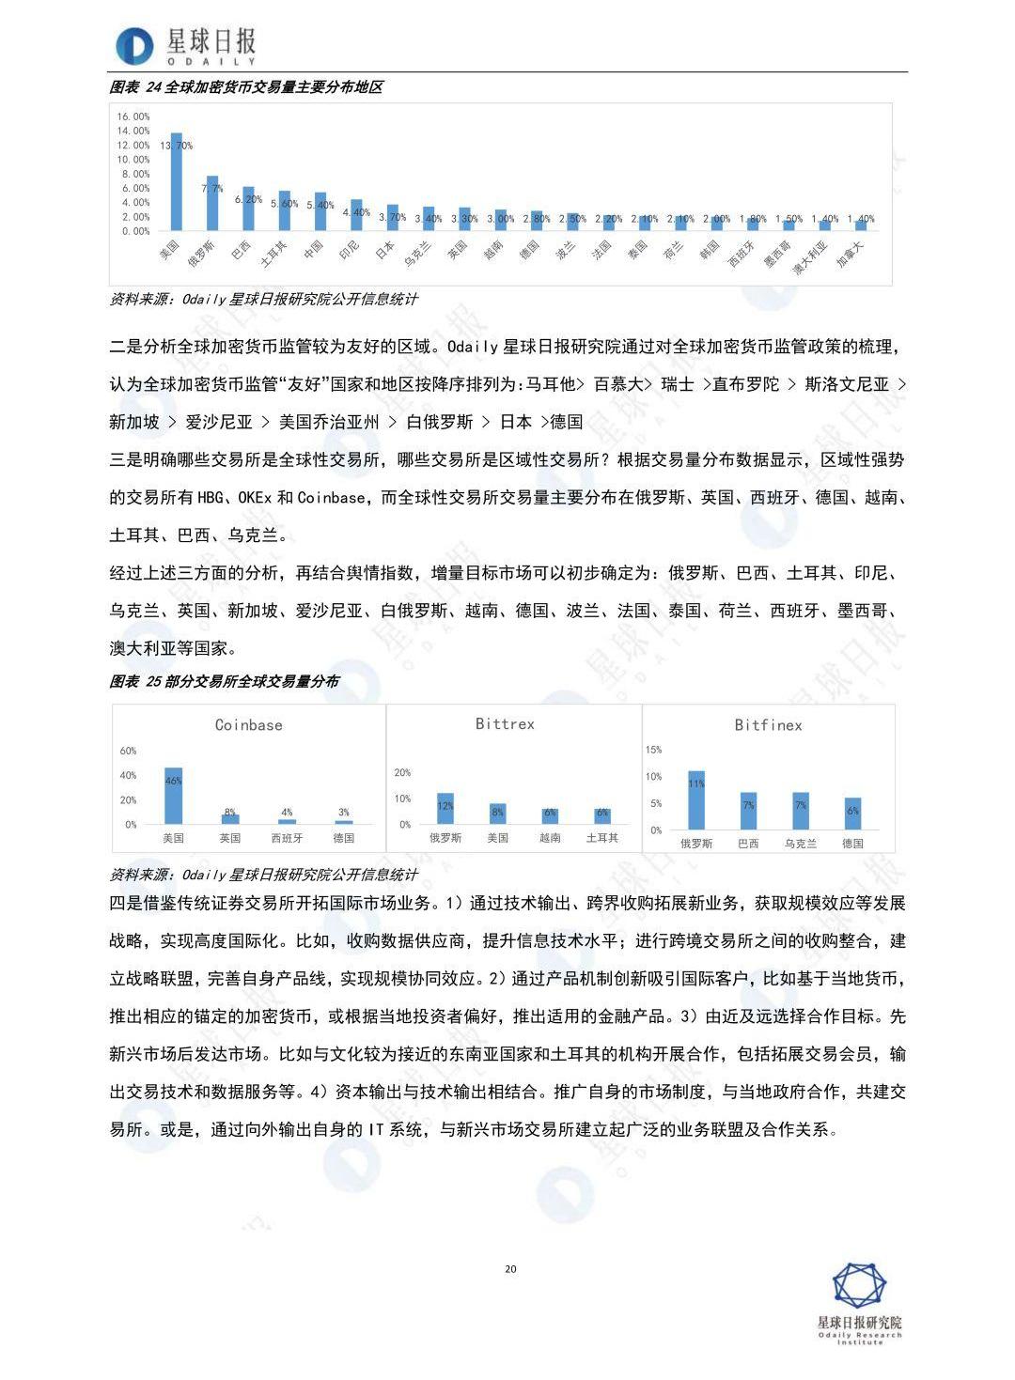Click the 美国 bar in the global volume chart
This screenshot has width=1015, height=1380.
point(176,183)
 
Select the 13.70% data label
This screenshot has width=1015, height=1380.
point(176,146)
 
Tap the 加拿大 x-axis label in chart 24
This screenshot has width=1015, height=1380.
point(851,252)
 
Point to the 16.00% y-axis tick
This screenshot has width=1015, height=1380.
point(133,116)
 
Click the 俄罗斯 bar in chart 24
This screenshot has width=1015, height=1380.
point(212,204)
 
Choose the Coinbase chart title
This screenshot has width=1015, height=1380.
point(248,725)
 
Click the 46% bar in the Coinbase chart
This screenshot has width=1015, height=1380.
point(174,797)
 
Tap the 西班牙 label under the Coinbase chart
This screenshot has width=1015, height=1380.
point(287,838)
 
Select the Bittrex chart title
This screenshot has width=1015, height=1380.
point(505,724)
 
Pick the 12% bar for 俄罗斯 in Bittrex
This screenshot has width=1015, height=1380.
point(445,809)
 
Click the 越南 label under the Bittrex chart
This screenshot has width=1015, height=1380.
point(550,838)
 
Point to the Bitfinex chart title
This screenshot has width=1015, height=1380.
point(768,725)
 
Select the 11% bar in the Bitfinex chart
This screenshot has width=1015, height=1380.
point(696,800)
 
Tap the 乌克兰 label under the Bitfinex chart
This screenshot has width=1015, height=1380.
point(800,844)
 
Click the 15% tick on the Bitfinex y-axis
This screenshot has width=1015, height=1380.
point(653,750)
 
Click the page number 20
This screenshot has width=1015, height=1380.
point(510,1269)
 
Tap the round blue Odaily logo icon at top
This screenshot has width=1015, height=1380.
point(134,46)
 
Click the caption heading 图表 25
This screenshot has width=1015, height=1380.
point(225,681)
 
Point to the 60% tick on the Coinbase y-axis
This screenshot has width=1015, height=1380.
point(128,751)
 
